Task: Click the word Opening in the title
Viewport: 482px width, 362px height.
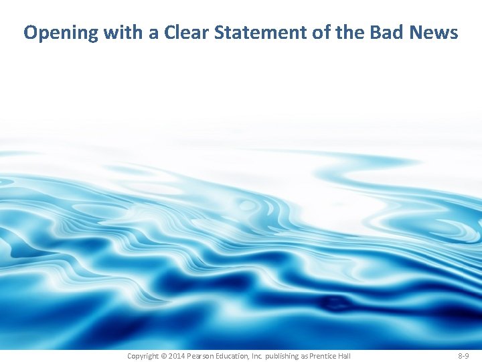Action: (56, 33)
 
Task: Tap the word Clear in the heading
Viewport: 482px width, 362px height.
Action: (180, 33)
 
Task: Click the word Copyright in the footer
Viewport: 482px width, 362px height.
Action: (143, 355)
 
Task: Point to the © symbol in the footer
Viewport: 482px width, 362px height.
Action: (164, 355)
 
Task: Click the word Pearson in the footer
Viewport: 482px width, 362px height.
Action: (202, 355)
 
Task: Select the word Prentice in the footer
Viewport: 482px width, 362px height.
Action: (325, 355)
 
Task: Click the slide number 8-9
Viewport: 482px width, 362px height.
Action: (463, 355)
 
